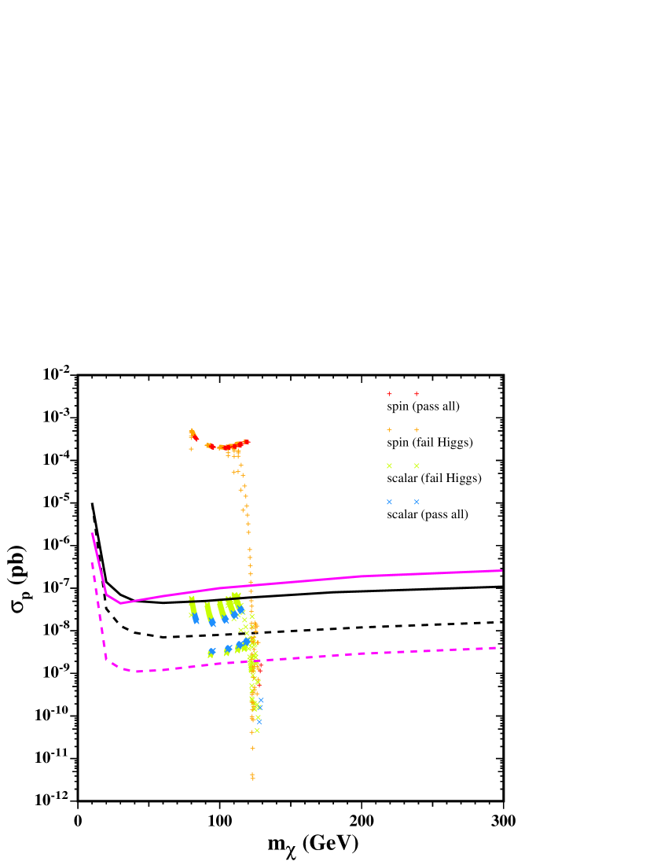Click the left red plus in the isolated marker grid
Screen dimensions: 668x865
point(389,393)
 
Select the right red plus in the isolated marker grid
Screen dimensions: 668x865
point(417,393)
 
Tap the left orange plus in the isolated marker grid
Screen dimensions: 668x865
point(389,429)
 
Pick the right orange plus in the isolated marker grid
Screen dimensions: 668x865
point(417,429)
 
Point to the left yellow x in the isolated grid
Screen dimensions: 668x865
point(389,466)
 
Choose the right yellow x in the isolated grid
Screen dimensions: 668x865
point(417,466)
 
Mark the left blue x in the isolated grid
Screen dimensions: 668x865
point(389,502)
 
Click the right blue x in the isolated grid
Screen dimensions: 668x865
point(417,502)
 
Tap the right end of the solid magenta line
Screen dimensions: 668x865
point(501,570)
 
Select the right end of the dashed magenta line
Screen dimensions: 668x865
point(501,647)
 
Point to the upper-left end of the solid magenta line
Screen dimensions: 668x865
point(92,533)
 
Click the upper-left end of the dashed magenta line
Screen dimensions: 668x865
point(92,563)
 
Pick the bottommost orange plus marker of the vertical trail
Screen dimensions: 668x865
point(252,778)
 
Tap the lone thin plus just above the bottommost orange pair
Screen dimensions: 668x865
point(252,748)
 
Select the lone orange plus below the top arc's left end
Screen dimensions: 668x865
point(191,449)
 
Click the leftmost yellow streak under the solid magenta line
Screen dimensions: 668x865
point(193,606)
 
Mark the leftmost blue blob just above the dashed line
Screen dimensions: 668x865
point(211,652)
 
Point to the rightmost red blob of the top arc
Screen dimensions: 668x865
point(247,442)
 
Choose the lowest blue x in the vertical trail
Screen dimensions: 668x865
point(259,721)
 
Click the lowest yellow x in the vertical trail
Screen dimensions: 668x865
point(257,731)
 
